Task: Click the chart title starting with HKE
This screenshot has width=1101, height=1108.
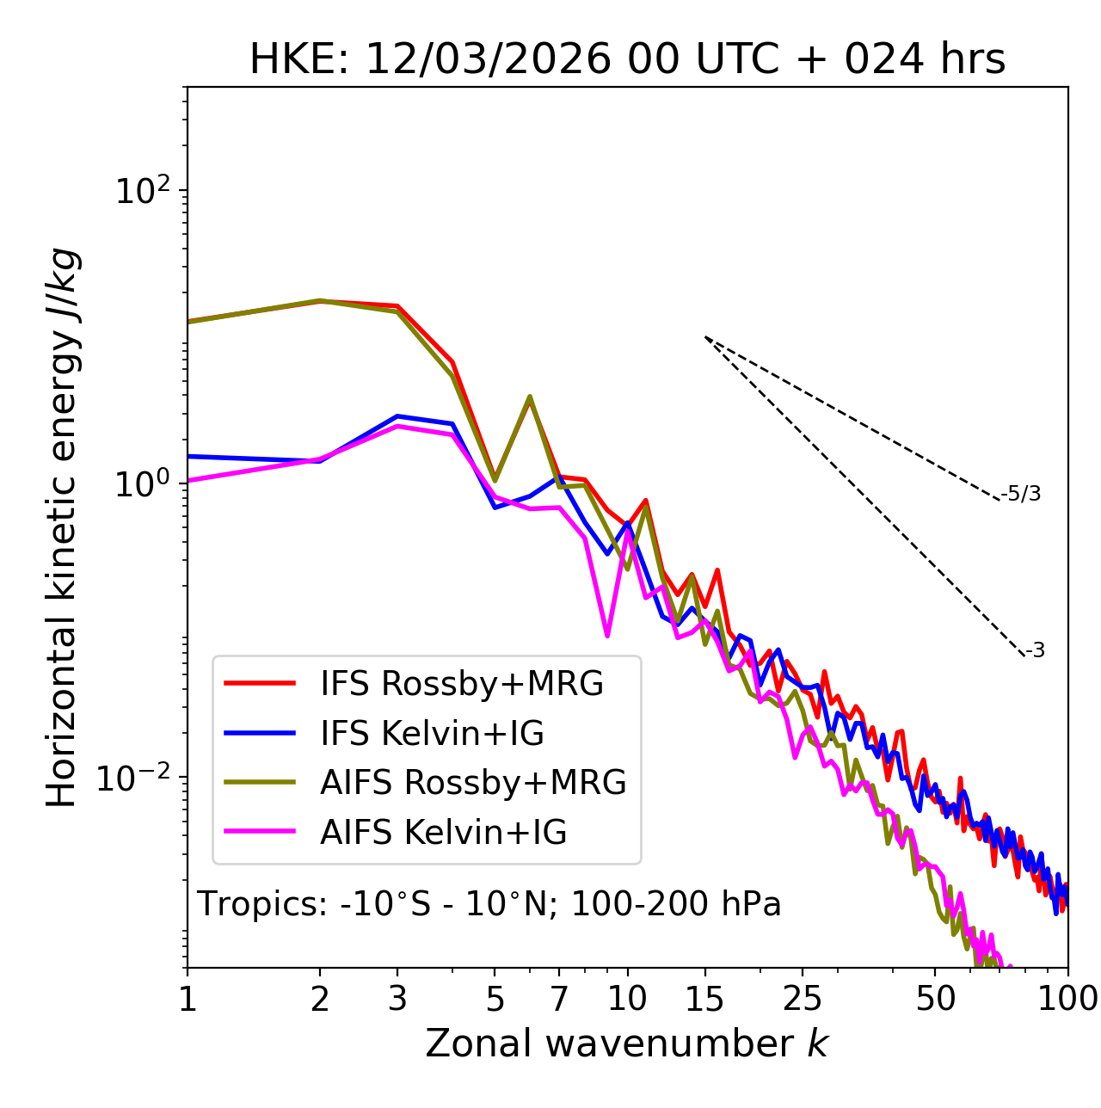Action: (x=627, y=60)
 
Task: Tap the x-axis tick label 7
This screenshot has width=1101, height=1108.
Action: (x=559, y=998)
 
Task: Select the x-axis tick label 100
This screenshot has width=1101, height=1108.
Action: (x=1067, y=998)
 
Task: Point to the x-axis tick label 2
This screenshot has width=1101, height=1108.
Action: (x=320, y=998)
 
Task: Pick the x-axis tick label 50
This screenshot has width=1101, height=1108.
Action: (x=935, y=998)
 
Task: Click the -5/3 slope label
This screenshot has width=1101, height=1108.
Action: (x=1021, y=494)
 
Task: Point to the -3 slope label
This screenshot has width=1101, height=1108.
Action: (x=1035, y=651)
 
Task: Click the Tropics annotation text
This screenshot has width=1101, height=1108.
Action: (x=489, y=904)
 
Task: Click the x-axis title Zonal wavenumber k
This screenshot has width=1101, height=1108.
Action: (x=627, y=1043)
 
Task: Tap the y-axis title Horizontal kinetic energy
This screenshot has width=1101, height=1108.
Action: (x=62, y=528)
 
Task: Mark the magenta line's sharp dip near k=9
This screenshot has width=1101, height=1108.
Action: (x=607, y=636)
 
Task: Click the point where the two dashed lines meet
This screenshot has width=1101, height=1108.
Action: (x=705, y=337)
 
